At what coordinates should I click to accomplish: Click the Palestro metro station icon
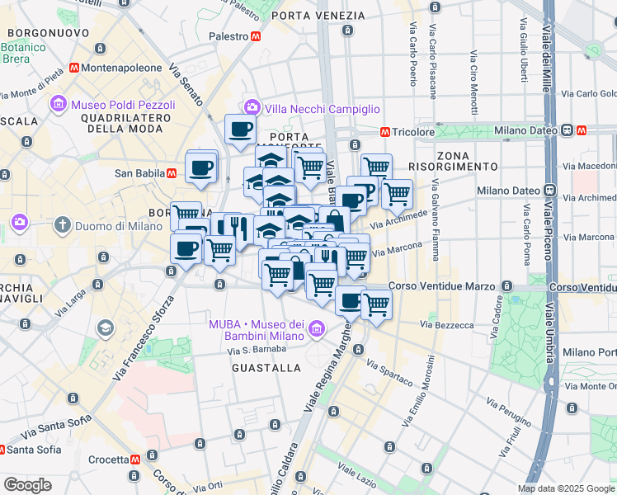[257, 36]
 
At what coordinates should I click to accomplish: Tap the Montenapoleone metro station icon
[75, 68]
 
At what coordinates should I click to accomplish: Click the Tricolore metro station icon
[384, 132]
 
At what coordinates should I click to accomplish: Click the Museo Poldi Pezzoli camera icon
[58, 105]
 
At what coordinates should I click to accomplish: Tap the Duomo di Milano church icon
[63, 224]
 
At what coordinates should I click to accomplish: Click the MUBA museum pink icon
[315, 331]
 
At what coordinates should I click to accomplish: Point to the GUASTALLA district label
[266, 367]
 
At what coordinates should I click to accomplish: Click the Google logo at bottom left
[27, 485]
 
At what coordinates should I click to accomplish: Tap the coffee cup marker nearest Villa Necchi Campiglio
[240, 129]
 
